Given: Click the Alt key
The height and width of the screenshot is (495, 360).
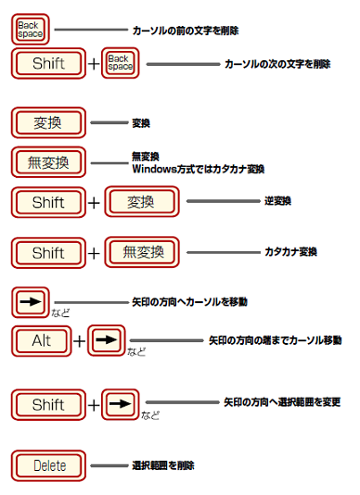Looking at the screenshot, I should [x=42, y=340].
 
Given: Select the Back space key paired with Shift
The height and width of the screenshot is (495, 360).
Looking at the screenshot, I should [x=121, y=64].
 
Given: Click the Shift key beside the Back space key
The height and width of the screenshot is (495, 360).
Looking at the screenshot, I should [x=48, y=64].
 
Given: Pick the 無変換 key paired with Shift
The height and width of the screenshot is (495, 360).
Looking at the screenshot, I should [x=141, y=251].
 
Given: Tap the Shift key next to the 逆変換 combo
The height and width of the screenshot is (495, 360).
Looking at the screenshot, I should [x=48, y=201].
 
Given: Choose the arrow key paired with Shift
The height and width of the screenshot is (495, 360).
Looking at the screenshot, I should [x=121, y=404].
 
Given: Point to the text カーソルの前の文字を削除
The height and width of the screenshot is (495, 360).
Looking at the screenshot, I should [x=186, y=31].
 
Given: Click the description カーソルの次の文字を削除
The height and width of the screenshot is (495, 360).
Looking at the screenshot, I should [x=277, y=64].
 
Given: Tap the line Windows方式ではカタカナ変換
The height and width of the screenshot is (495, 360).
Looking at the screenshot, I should [x=199, y=169].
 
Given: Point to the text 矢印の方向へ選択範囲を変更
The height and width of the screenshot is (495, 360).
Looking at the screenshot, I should [x=282, y=403].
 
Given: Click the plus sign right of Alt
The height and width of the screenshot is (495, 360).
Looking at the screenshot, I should [x=80, y=341].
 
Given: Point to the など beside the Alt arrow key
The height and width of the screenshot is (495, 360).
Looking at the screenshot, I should [x=136, y=351].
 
